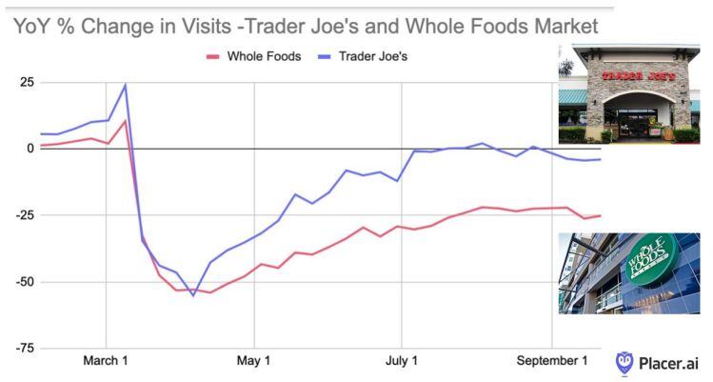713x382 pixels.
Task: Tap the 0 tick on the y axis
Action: tap(29, 149)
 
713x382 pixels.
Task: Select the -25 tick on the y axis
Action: tap(21, 215)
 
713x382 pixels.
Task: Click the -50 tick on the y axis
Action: tap(21, 282)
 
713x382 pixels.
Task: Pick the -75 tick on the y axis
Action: tap(21, 349)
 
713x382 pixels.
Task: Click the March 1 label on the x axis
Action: tap(106, 362)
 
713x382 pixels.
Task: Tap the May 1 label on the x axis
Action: tap(253, 362)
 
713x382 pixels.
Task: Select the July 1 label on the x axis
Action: tap(402, 362)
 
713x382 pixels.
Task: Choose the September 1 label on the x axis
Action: tap(552, 362)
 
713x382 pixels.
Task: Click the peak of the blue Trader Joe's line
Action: tap(125, 85)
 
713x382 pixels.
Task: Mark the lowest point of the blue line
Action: tap(193, 295)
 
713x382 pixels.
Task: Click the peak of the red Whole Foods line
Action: tap(125, 120)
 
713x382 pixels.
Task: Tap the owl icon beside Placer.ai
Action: tap(624, 362)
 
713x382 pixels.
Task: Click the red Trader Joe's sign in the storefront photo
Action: tap(630, 74)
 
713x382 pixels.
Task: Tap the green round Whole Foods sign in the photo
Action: tap(649, 260)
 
